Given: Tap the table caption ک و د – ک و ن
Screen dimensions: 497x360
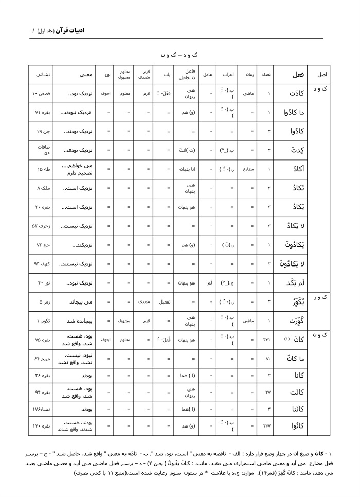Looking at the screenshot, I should coord(179,54).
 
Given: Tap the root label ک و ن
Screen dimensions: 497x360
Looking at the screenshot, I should coord(324,335).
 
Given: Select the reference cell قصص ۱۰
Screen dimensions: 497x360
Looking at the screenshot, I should coord(41,94).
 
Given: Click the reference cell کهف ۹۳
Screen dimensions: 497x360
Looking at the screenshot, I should coord(41,264).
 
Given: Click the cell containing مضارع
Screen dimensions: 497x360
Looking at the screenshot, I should coord(251,169).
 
